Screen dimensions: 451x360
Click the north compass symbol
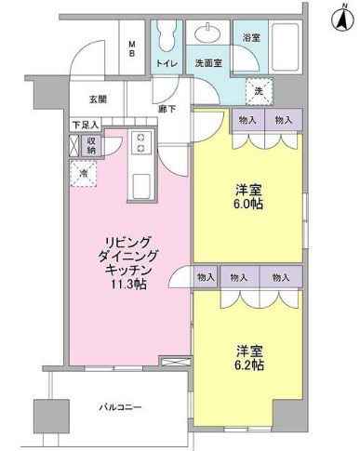tap(335, 16)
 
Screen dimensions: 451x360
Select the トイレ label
tap(167, 64)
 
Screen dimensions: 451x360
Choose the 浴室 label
tap(250, 38)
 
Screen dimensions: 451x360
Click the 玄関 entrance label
tap(99, 99)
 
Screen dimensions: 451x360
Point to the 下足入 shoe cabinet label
tap(85, 124)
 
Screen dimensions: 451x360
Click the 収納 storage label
tap(90, 145)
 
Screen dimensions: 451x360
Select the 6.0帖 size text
tap(247, 204)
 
